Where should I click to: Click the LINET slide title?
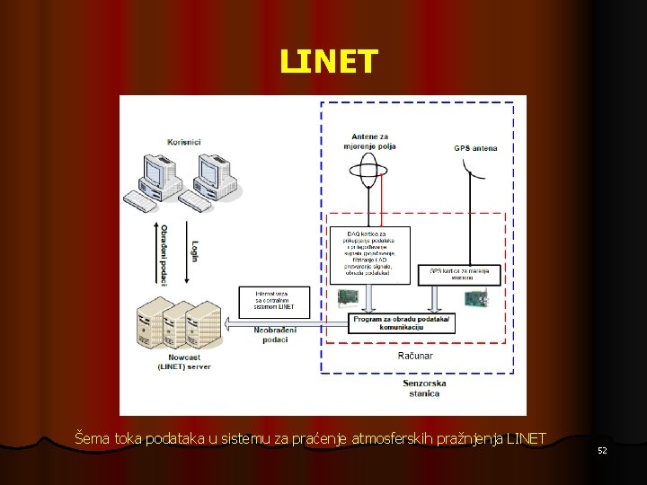pyautogui.click(x=329, y=62)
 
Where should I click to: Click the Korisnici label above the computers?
pyautogui.click(x=184, y=142)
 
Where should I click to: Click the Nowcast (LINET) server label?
pyautogui.click(x=184, y=362)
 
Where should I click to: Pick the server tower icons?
pyautogui.click(x=177, y=326)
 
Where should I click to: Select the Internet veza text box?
pyautogui.click(x=275, y=300)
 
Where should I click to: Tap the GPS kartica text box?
pyautogui.click(x=456, y=273)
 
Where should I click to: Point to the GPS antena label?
pyautogui.click(x=475, y=147)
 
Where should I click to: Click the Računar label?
pyautogui.click(x=415, y=356)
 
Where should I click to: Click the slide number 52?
pyautogui.click(x=602, y=449)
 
